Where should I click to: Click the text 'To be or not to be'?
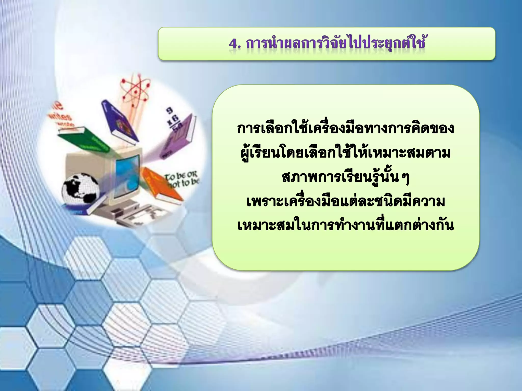(x=182, y=179)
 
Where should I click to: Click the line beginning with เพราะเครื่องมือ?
(x=345, y=202)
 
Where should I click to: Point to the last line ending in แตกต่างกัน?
(x=345, y=226)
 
